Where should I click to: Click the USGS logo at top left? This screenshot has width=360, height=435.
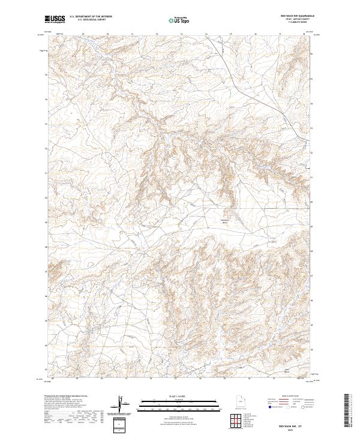pyautogui.click(x=55, y=19)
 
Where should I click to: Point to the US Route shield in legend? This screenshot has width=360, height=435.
pyautogui.click(x=285, y=407)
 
